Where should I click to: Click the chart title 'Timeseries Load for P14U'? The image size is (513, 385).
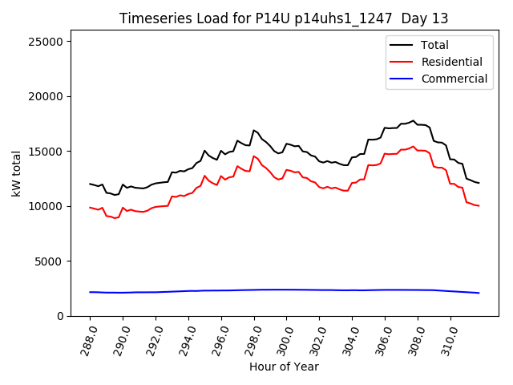[284, 18]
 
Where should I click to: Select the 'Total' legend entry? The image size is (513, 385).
[435, 45]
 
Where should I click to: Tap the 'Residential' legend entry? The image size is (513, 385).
[451, 62]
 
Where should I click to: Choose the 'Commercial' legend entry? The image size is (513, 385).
[454, 79]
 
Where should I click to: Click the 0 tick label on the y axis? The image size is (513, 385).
[61, 316]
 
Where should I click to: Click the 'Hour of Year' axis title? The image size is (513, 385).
[284, 367]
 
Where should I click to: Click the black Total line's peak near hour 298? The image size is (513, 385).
[253, 130]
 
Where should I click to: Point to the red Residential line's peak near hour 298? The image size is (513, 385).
[253, 156]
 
